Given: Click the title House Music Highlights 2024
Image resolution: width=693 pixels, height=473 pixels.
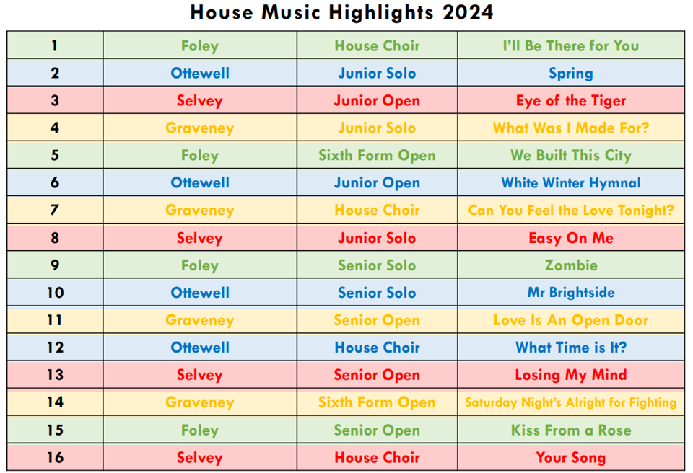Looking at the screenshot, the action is [x=341, y=12].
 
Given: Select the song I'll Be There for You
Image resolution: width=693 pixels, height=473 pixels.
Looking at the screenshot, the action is [x=570, y=45].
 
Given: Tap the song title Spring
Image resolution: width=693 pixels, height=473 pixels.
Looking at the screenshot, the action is [x=570, y=74].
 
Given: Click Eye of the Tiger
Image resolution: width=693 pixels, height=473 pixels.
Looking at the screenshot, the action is [x=570, y=101].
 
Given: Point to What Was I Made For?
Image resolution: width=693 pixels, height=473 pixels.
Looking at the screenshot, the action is [x=570, y=128].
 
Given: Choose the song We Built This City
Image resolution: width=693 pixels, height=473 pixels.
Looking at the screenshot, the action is [x=570, y=156].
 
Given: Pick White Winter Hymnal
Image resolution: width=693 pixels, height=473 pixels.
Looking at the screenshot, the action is [x=570, y=183].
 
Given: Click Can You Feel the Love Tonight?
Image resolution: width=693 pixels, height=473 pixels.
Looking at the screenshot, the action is [x=570, y=211].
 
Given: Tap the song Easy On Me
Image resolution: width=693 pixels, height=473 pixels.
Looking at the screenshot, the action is [x=570, y=238].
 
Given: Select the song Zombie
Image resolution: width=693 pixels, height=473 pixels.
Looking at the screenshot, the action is [x=570, y=265].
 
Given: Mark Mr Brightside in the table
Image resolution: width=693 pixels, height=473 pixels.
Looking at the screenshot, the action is [x=570, y=292].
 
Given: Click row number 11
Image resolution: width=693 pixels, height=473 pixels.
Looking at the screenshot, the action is [x=55, y=319].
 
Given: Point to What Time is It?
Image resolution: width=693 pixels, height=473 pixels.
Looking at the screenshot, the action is [x=570, y=347].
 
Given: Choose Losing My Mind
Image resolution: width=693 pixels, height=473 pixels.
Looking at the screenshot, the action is [x=570, y=375].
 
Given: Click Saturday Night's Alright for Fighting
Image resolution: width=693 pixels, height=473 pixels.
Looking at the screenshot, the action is [x=570, y=402].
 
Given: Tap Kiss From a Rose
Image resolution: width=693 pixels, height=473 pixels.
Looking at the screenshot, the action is [x=570, y=430].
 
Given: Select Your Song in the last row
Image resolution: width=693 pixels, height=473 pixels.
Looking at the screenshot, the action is [x=570, y=458].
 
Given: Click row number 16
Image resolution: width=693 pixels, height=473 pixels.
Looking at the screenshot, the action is [x=55, y=457].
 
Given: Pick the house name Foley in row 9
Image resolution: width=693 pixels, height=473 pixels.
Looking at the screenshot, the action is [x=200, y=265].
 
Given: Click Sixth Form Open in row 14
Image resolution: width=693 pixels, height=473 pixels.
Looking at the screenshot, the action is [x=377, y=402].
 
